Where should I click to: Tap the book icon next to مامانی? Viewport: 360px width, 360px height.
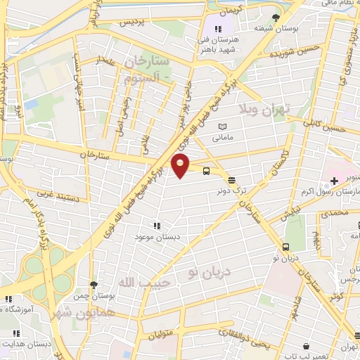(x=223, y=125)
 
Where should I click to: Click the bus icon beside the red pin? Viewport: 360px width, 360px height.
(x=206, y=170)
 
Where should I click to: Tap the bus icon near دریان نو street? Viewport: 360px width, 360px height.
(x=286, y=247)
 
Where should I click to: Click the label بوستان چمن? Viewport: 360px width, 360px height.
(x=91, y=296)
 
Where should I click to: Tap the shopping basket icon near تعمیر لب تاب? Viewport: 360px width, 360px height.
(x=307, y=346)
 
